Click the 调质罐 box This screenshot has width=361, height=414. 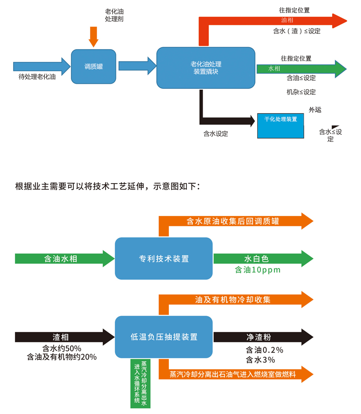[x=93, y=66]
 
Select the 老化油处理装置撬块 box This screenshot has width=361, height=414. [x=205, y=68]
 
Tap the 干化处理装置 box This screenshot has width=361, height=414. [x=280, y=125]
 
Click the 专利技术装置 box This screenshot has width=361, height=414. [x=163, y=258]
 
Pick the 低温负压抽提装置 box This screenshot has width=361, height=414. [x=163, y=336]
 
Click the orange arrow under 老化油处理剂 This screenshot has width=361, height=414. [x=93, y=36]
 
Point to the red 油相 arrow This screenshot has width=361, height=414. [x=280, y=21]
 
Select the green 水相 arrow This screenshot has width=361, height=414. [x=298, y=69]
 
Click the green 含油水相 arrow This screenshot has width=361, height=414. [x=63, y=258]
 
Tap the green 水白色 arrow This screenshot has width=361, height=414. [x=262, y=258]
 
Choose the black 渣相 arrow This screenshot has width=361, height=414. [x=63, y=337]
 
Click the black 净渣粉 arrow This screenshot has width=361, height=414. [x=262, y=337]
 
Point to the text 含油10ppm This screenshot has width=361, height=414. [x=258, y=270]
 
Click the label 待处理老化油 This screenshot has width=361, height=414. [x=37, y=77]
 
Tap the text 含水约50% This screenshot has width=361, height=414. [x=61, y=348]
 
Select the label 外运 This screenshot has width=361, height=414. [x=315, y=110]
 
